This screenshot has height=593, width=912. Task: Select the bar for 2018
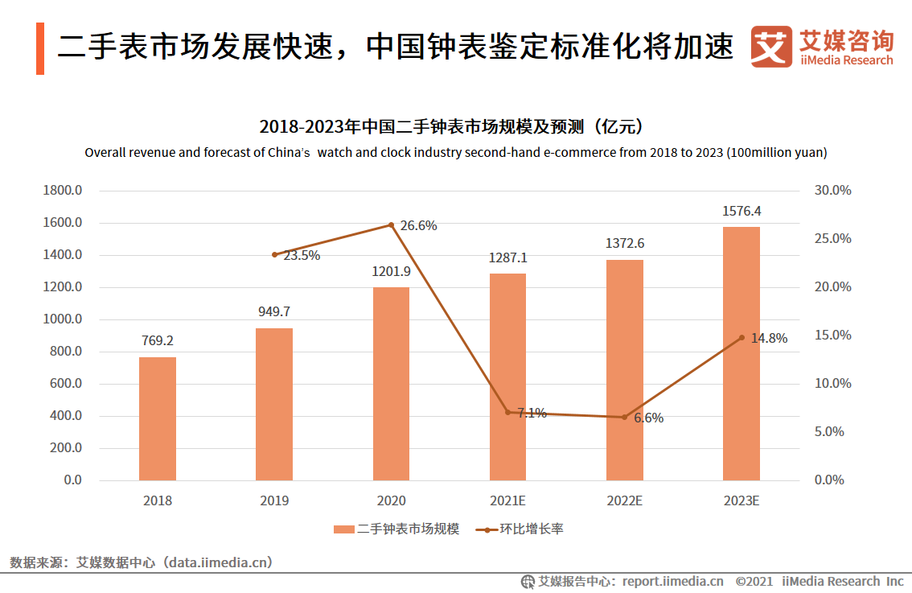(x=158, y=418)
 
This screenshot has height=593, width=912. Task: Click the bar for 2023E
(x=741, y=354)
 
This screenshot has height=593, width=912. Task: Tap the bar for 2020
(x=391, y=384)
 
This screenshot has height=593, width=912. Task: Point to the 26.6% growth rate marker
(x=392, y=224)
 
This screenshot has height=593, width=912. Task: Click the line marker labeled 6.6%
(x=624, y=417)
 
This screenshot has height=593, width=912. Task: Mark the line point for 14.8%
(x=742, y=338)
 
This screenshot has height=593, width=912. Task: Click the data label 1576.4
(x=741, y=212)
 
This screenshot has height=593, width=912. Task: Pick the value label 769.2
(x=158, y=341)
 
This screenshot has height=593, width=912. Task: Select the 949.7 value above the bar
(x=274, y=311)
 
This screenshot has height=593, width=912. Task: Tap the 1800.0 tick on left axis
(x=62, y=191)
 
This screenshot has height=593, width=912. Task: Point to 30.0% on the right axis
(x=832, y=191)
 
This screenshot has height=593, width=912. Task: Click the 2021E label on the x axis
(x=507, y=500)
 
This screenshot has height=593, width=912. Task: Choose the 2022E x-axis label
(x=624, y=500)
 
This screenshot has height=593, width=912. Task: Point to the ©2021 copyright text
(x=754, y=581)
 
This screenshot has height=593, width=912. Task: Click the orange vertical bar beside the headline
(x=40, y=48)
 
